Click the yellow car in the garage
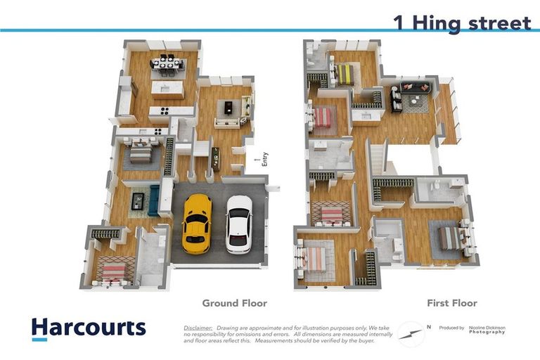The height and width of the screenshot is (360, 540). point(197,223)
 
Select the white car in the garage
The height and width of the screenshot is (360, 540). point(239,224)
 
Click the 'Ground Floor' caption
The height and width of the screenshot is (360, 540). point(234,303)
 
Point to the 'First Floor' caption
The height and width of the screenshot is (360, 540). point(452,303)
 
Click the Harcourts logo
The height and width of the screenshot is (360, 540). point(89,328)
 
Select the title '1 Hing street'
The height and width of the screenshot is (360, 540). point(462,22)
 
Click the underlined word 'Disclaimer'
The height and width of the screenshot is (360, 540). point(198,328)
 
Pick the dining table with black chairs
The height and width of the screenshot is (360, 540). point(167,65)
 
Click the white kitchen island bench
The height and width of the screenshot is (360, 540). point(167,90)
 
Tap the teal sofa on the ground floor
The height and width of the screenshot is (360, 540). point(153,200)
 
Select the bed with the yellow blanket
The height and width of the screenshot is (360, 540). point(345,72)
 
